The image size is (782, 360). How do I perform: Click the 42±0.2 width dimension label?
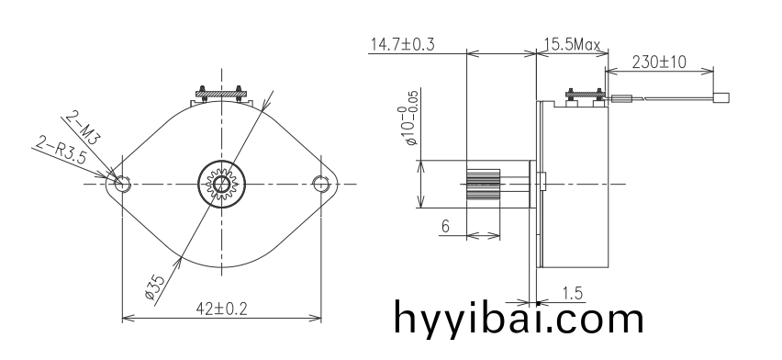pos(221,309)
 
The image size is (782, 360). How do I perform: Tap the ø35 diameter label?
pos(155,287)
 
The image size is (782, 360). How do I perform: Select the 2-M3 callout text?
pos(83,128)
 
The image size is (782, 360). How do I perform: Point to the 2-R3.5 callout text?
pos(61,152)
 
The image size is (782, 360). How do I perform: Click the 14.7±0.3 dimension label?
pos(402,44)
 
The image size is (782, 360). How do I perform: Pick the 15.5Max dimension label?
pos(572,44)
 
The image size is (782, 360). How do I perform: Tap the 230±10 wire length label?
pos(659,62)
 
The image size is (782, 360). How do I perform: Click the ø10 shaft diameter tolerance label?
pos(411,125)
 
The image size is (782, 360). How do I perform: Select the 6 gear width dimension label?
pos(445,226)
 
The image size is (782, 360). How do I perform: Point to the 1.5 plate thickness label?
pos(572,293)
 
